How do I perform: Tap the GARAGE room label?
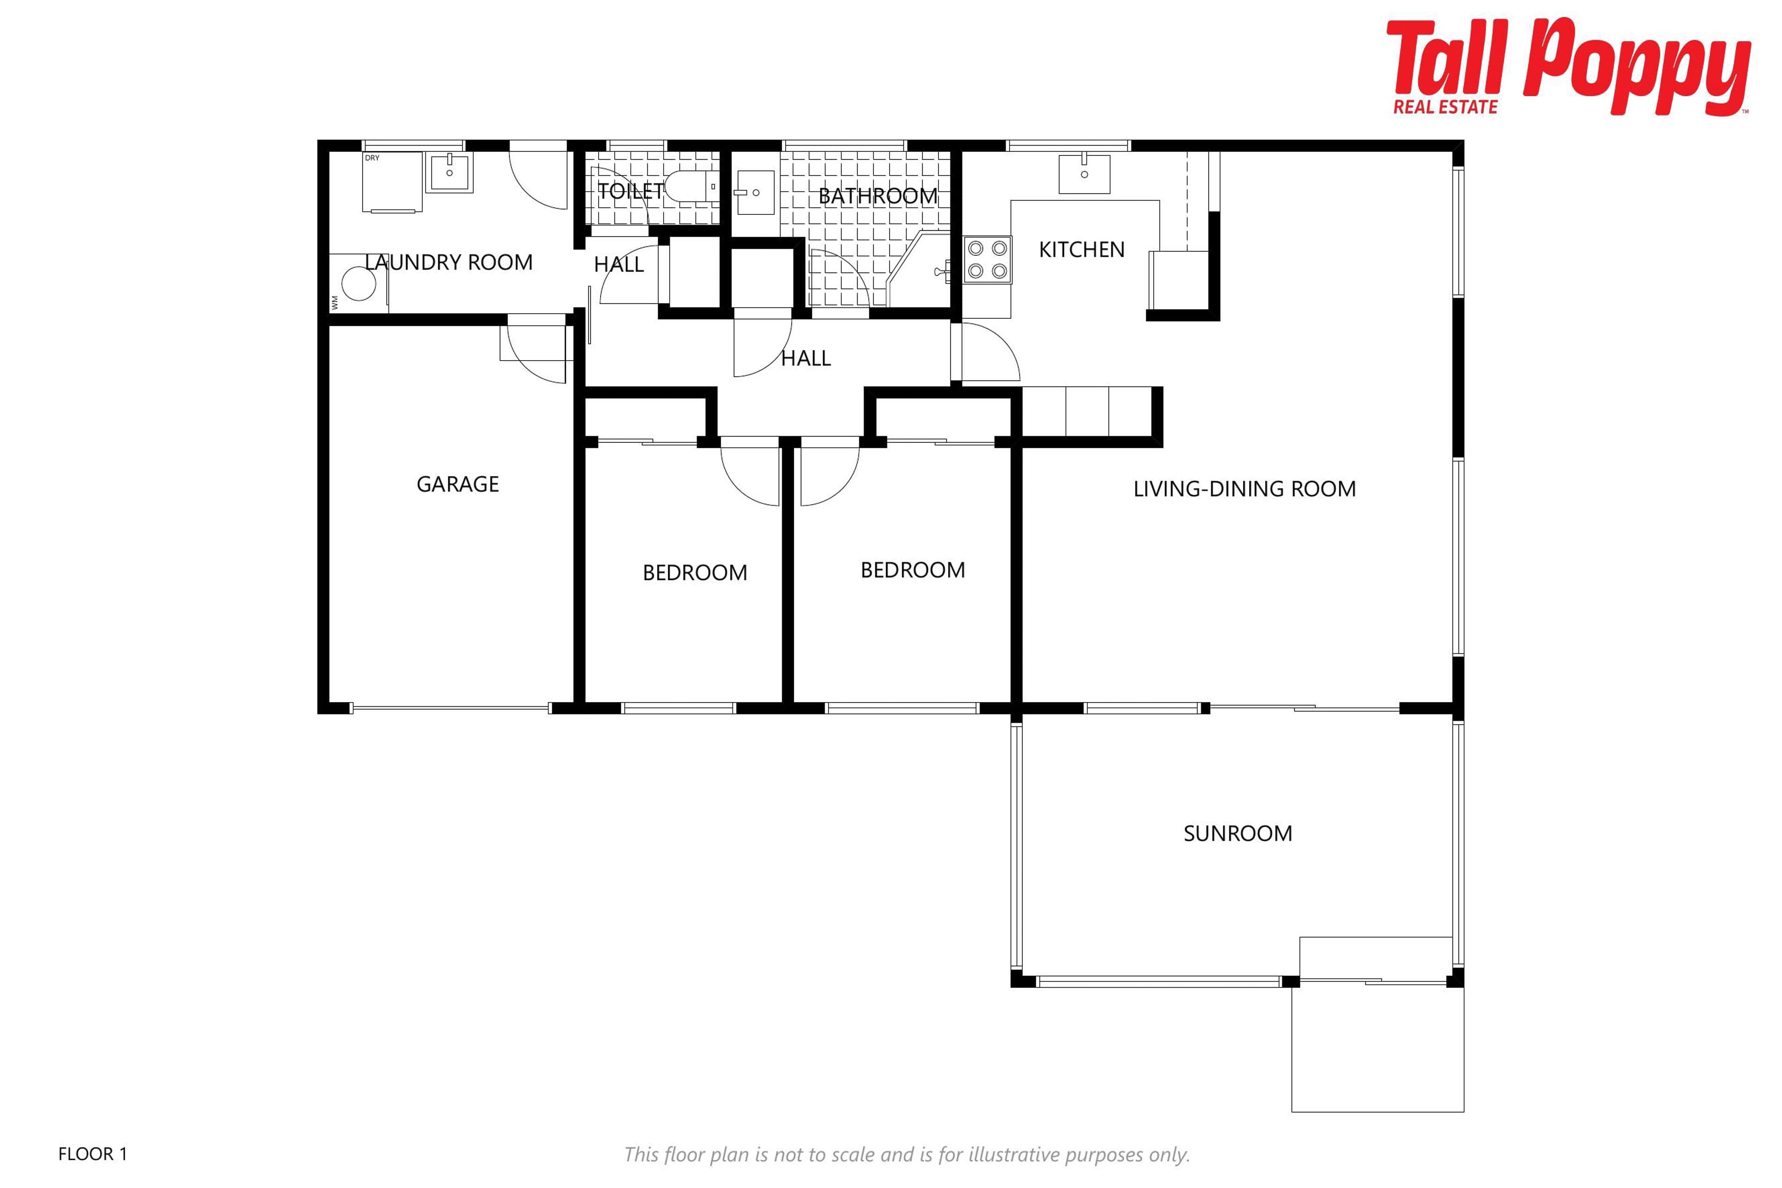458,484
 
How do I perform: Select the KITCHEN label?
1081,249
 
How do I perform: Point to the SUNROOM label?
1237,833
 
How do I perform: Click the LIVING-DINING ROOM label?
1244,489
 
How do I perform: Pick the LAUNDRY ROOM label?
449,262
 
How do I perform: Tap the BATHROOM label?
878,196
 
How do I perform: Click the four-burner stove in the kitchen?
987,259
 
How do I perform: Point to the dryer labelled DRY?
392,182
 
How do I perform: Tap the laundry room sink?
449,172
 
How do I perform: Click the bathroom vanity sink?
755,193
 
